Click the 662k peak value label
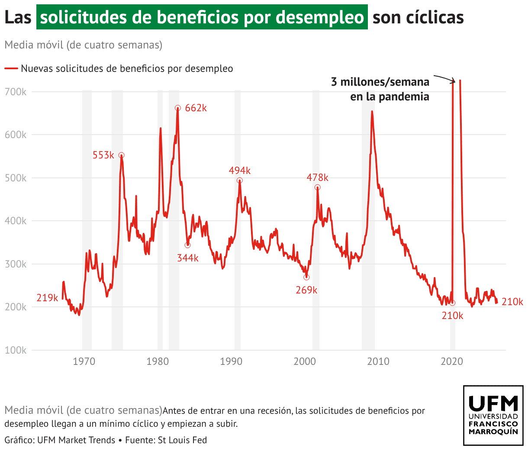point(196,108)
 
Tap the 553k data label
point(103,155)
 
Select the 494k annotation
point(239,171)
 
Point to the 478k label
point(317,177)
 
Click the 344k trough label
point(187,258)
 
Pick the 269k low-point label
point(306,290)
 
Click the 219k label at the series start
point(47,298)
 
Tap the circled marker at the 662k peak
point(177,108)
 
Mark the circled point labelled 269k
point(306,277)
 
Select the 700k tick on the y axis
point(16,92)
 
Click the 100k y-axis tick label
point(16,350)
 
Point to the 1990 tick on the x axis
point(231,361)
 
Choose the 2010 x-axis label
point(378,361)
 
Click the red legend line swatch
point(11,68)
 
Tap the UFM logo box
point(493,416)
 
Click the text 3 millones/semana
point(380,82)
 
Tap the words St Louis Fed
point(182,440)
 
